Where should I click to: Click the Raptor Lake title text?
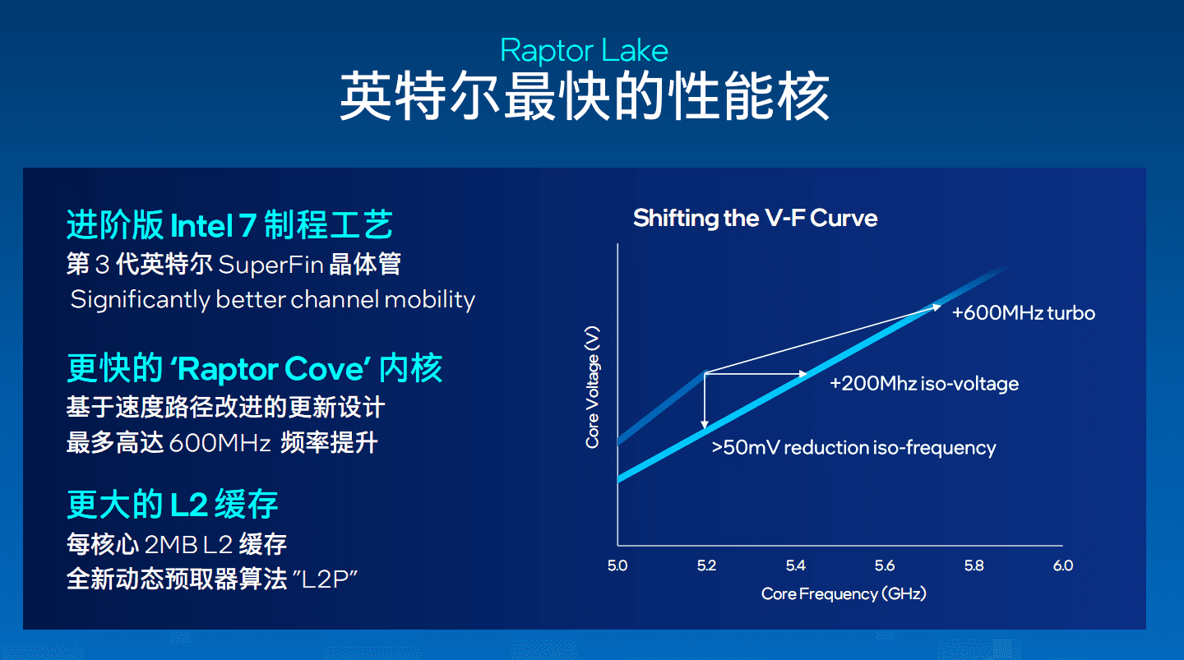tap(584, 51)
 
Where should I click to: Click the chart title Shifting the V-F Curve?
tap(756, 219)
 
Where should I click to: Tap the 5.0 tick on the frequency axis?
tap(617, 565)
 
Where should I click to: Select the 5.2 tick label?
tap(707, 565)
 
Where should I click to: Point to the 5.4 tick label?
tap(796, 565)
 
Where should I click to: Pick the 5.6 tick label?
tap(885, 565)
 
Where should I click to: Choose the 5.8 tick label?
tap(974, 565)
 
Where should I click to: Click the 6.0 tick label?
tap(1063, 565)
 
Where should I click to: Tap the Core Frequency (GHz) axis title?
tap(844, 594)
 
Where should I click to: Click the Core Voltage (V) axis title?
tap(593, 387)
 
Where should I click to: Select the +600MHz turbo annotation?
tap(1024, 313)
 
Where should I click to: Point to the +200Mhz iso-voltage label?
tap(924, 383)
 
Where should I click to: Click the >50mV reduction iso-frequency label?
tap(853, 448)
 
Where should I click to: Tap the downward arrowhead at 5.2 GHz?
tap(705, 424)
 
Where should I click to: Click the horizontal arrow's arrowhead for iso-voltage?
tap(802, 374)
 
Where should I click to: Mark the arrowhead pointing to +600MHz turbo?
tap(937, 307)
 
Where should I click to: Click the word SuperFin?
tap(271, 264)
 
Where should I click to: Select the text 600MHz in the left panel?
tap(220, 443)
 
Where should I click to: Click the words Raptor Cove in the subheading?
tap(270, 369)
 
